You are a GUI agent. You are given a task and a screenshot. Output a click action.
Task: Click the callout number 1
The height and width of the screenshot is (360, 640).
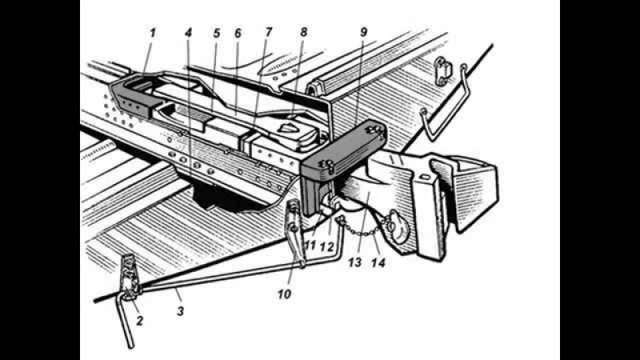(x=153, y=33)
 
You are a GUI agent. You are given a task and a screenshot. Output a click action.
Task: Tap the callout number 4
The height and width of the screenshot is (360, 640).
(x=188, y=33)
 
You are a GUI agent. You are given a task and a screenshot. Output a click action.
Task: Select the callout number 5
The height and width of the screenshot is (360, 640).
(x=217, y=33)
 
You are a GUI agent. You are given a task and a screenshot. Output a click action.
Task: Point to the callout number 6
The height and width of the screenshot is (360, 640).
(x=238, y=33)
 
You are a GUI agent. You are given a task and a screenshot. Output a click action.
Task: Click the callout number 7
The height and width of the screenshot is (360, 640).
(x=268, y=32)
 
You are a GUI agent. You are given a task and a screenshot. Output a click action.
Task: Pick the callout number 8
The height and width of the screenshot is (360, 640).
(x=303, y=32)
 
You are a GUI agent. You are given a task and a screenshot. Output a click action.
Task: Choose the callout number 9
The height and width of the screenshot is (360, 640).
(x=364, y=32)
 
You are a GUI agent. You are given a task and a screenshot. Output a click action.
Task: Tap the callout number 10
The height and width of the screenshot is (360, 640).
(x=285, y=294)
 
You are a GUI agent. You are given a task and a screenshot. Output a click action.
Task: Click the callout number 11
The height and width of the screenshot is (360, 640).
(x=310, y=246)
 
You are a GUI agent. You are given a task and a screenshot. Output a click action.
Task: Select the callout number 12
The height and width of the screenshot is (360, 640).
(x=327, y=246)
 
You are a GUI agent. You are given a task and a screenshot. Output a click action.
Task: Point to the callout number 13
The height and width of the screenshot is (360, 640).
(x=355, y=262)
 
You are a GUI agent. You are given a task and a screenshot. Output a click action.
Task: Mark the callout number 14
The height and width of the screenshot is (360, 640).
(x=378, y=262)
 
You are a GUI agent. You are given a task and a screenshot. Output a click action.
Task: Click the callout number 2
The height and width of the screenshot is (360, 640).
(x=139, y=321)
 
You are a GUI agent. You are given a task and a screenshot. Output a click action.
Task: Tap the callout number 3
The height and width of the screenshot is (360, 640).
(x=180, y=311)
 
